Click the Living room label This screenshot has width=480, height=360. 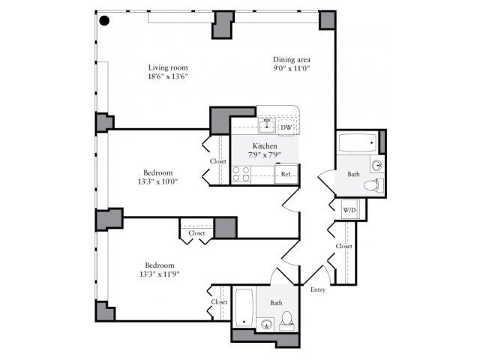click(167, 67)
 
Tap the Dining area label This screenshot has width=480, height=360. click(292, 59)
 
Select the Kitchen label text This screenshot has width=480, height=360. click(265, 145)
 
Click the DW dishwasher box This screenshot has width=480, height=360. click(286, 127)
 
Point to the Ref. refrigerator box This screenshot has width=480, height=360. click(286, 175)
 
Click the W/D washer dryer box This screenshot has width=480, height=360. click(349, 210)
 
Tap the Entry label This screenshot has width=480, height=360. click(317, 289)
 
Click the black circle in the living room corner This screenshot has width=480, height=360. click(106, 21)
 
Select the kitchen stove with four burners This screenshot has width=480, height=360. click(241, 175)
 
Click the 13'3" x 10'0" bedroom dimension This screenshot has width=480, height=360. click(159, 180)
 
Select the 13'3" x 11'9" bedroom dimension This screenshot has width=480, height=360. click(159, 274)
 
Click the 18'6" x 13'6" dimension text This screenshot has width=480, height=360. click(167, 76)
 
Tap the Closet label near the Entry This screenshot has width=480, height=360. click(344, 246)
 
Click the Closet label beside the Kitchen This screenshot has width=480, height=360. click(218, 161)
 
